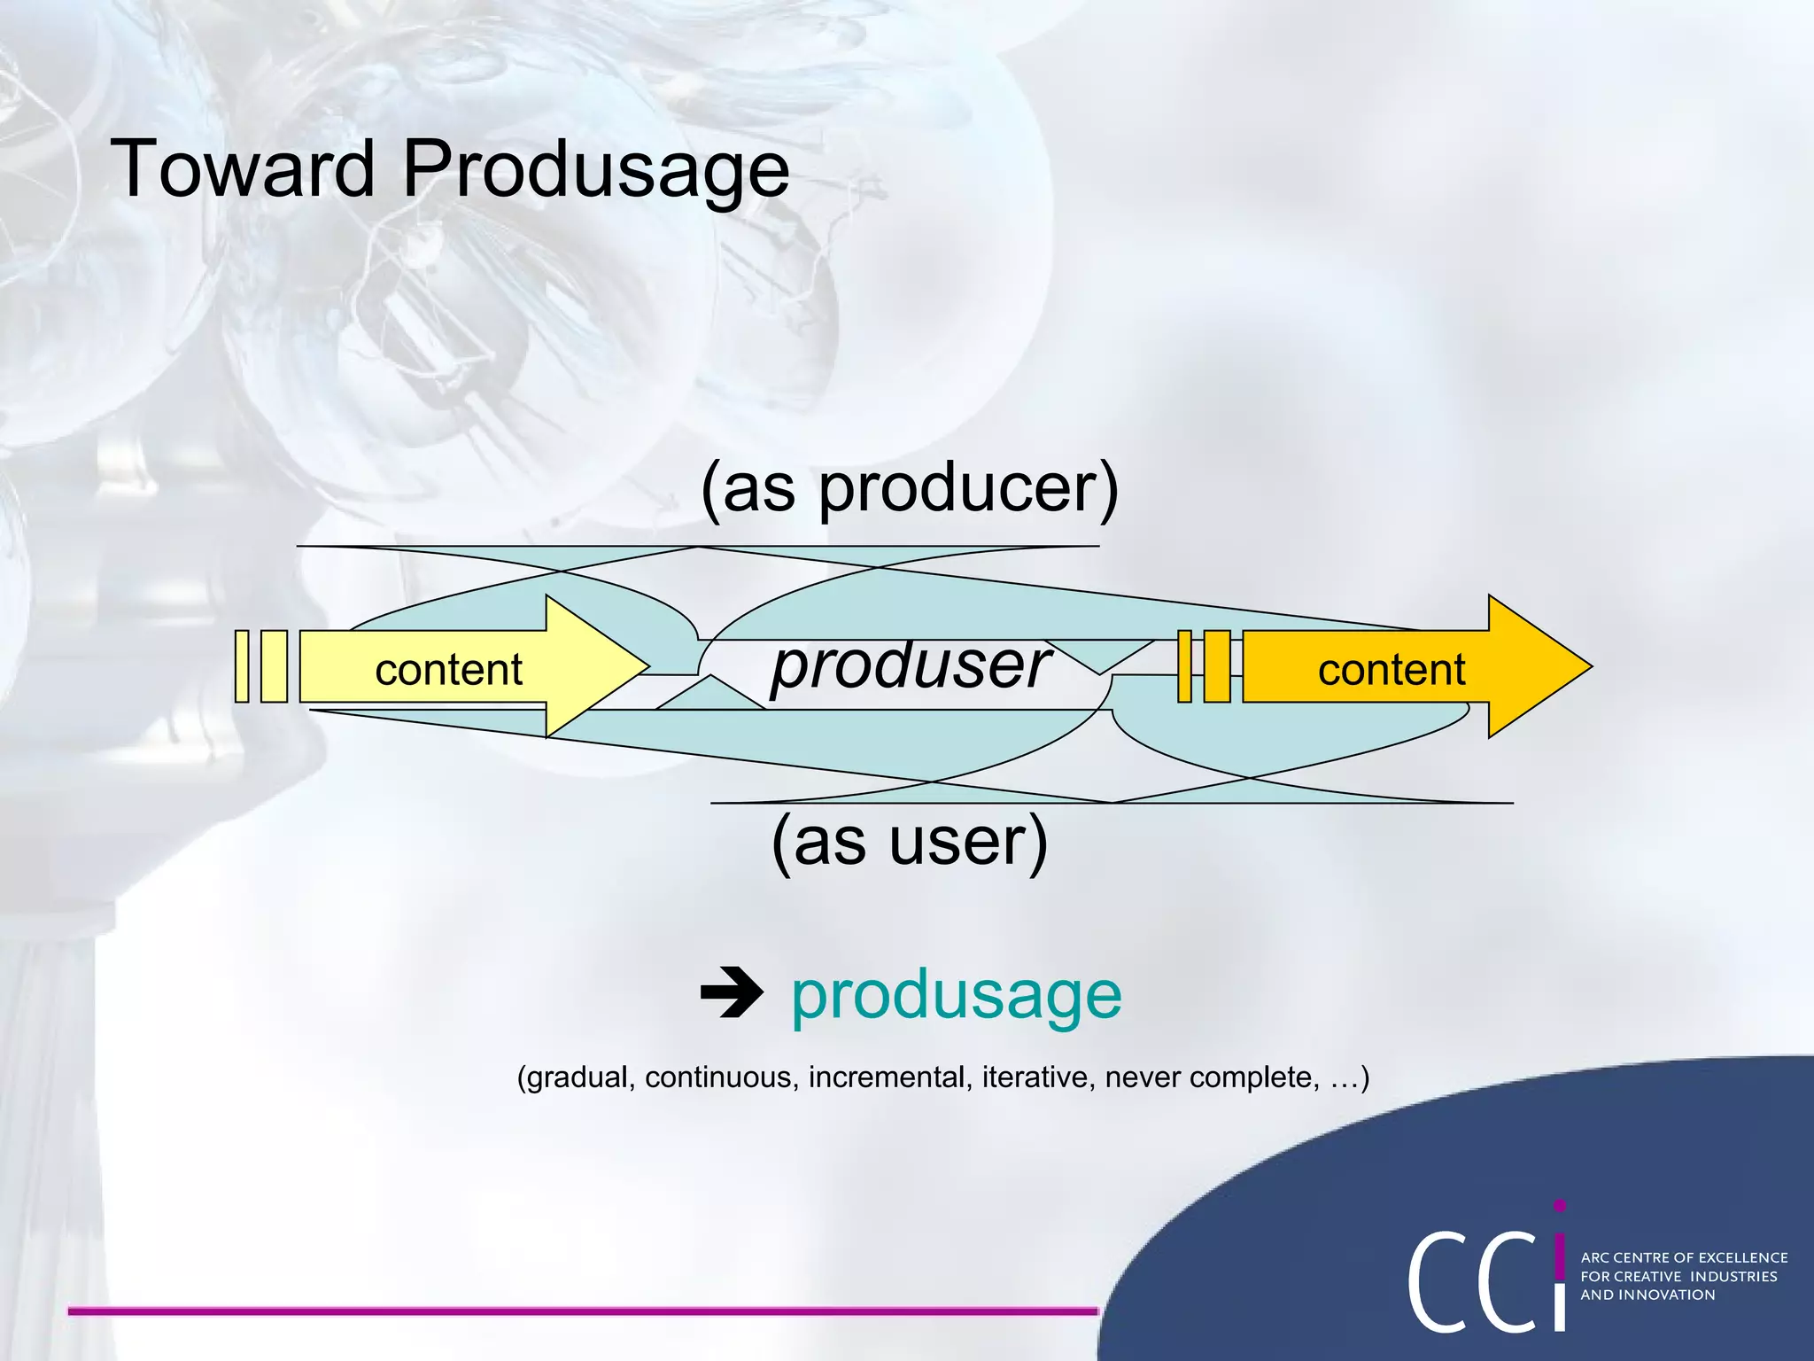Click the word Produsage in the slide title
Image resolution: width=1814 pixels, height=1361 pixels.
tap(594, 170)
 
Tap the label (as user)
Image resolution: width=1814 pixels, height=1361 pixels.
tap(910, 841)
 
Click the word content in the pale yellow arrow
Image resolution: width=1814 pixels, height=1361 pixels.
tap(448, 670)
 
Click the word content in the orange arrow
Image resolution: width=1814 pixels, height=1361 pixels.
tap(1391, 670)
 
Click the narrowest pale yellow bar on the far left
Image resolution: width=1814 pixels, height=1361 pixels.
tap(242, 666)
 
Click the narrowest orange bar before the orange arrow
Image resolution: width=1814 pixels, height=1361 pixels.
tap(1184, 666)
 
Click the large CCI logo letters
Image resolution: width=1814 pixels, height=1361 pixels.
tap(1485, 1280)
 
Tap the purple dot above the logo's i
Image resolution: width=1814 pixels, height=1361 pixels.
tap(1560, 1206)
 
